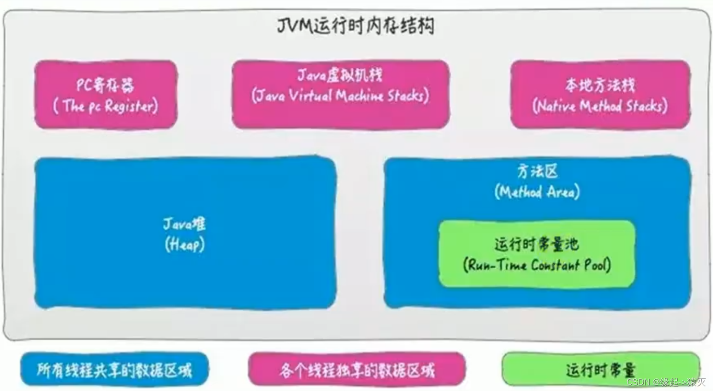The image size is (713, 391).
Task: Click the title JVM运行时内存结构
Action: (356, 26)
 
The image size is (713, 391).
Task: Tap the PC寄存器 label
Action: (106, 85)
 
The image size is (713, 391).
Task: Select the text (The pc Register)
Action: (106, 106)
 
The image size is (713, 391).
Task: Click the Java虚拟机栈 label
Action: (340, 75)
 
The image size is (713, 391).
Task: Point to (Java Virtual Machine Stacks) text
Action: (340, 96)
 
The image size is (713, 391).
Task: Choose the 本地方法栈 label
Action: (600, 85)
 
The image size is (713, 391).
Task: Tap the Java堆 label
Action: (185, 224)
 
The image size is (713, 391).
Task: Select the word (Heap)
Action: (185, 245)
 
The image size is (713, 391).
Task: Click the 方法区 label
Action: (537, 171)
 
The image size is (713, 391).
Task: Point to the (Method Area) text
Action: (537, 192)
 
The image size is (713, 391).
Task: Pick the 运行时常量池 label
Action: (536, 244)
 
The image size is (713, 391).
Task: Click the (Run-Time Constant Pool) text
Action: (537, 265)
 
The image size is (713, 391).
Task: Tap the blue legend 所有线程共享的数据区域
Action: (114, 370)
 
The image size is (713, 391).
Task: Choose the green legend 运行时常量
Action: (601, 370)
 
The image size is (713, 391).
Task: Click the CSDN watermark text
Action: (666, 382)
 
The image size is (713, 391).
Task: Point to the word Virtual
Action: (310, 96)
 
